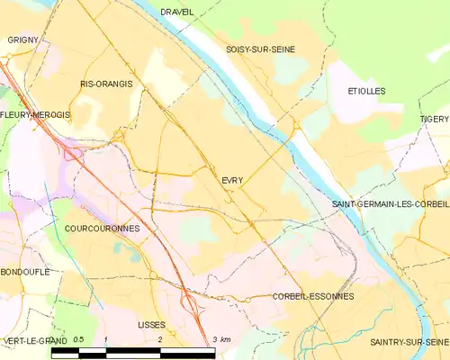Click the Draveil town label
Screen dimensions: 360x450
pyautogui.click(x=177, y=12)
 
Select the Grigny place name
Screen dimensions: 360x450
pyautogui.click(x=22, y=40)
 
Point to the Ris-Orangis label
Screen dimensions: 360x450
pyautogui.click(x=106, y=84)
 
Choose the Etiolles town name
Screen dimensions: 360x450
pyautogui.click(x=366, y=92)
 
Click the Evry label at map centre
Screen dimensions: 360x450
pyautogui.click(x=232, y=181)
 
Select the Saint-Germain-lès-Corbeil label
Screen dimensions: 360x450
pyautogui.click(x=391, y=204)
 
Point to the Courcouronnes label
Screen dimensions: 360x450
pyautogui.click(x=103, y=229)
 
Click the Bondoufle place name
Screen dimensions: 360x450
pyautogui.click(x=25, y=271)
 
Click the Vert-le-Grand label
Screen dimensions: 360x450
pyautogui.click(x=34, y=341)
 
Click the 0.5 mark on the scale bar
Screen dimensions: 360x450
pyautogui.click(x=78, y=339)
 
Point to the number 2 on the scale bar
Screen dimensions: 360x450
pyautogui.click(x=159, y=339)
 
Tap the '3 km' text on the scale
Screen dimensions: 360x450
pyautogui.click(x=221, y=339)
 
